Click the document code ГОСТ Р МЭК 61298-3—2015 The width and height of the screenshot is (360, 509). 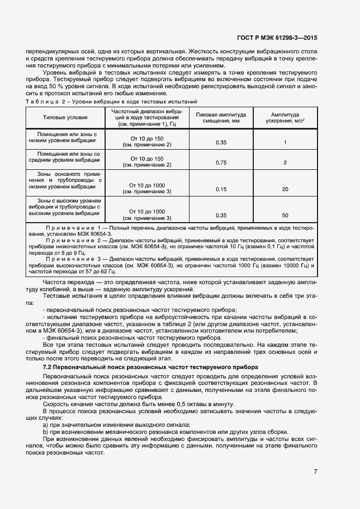(x=278, y=38)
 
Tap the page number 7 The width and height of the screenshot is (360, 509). (x=316, y=471)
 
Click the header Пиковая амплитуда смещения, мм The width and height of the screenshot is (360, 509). (x=221, y=118)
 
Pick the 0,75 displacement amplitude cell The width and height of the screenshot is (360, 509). (x=221, y=162)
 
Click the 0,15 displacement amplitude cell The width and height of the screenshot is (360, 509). (x=221, y=189)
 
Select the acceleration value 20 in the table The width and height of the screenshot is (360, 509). (x=285, y=189)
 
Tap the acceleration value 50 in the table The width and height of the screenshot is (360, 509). (x=285, y=215)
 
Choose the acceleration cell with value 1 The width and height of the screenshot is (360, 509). (x=285, y=142)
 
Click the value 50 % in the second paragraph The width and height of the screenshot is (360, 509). (x=56, y=86)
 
